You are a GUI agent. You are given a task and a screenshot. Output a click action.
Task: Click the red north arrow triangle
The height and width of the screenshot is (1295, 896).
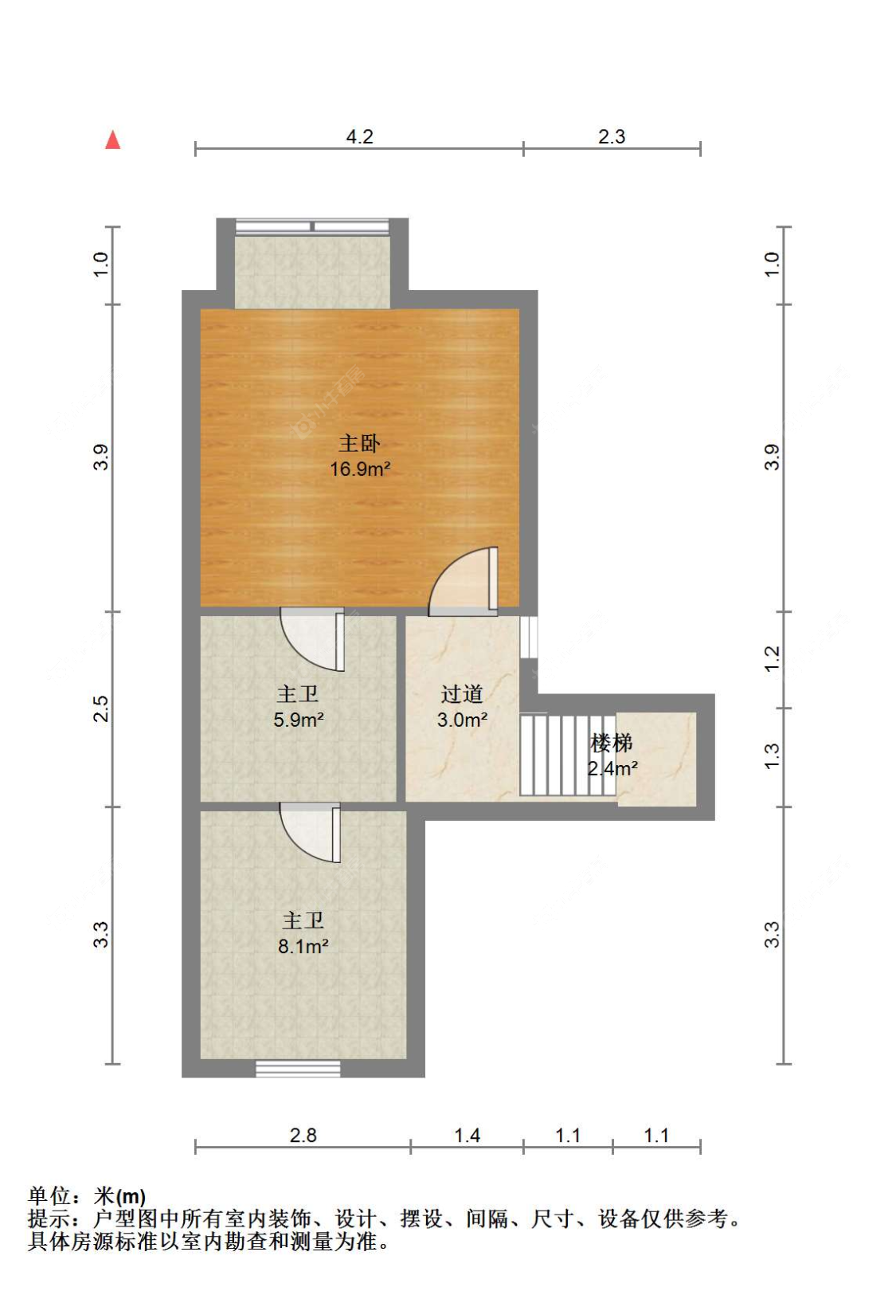click(113, 141)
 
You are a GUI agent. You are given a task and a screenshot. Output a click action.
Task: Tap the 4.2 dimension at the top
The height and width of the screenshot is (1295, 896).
click(359, 136)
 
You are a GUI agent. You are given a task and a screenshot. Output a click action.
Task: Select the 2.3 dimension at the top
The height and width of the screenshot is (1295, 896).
click(612, 136)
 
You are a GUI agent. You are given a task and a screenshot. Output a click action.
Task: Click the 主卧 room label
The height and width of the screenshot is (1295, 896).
click(359, 443)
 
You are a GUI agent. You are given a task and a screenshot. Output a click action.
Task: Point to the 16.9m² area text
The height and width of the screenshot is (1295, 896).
click(360, 469)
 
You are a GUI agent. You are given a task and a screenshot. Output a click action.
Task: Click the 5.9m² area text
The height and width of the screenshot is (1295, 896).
click(298, 720)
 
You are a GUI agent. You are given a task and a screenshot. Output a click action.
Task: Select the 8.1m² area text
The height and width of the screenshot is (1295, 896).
click(303, 946)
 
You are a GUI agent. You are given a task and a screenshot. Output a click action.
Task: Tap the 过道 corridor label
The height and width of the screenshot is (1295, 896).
click(462, 694)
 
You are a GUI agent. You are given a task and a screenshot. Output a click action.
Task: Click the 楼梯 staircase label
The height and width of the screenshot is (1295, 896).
click(612, 743)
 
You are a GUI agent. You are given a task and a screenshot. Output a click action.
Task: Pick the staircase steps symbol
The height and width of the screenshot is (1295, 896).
click(567, 755)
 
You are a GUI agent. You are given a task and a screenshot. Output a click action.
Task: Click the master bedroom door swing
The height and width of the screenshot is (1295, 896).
click(464, 583)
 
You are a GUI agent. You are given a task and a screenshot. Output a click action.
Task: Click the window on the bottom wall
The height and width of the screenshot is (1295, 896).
click(298, 1068)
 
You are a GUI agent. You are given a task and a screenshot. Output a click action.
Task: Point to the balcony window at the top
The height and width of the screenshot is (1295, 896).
click(313, 226)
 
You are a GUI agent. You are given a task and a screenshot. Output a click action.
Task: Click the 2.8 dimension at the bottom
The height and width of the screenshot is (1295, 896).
click(303, 1135)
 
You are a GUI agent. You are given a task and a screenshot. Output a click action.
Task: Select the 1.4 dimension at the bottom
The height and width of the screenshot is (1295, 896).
click(467, 1135)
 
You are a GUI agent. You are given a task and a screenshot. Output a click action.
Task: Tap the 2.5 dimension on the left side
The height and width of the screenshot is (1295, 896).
click(100, 708)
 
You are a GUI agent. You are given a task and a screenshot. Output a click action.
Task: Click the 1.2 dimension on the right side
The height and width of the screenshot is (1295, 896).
click(771, 658)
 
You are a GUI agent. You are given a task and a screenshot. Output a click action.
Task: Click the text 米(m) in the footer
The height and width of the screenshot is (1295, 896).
click(119, 1196)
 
